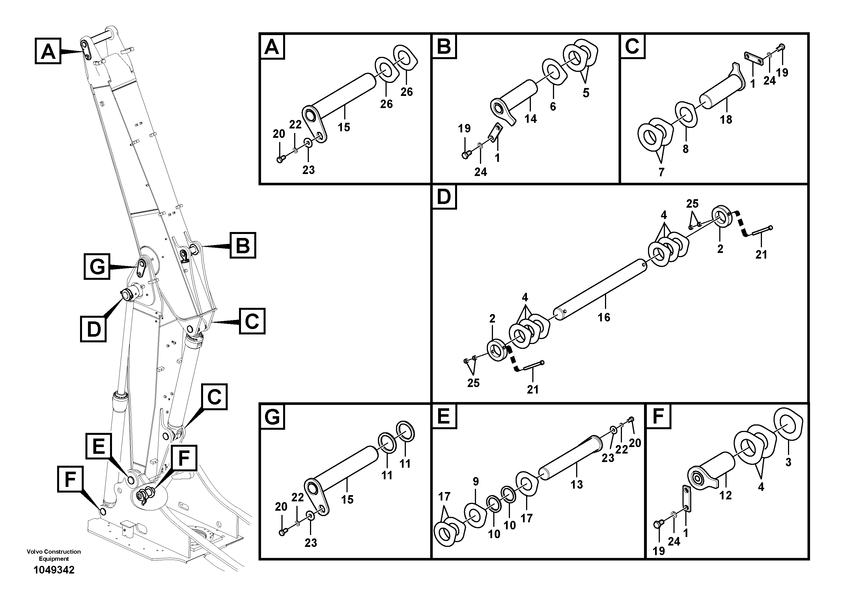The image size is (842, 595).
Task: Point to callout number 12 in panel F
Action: pyautogui.click(x=725, y=495)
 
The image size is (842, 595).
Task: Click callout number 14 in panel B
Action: pyautogui.click(x=530, y=119)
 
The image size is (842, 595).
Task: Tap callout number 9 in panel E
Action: pyautogui.click(x=476, y=481)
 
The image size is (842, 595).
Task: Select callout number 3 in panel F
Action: pyautogui.click(x=788, y=462)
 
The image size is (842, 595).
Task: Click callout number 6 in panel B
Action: pyautogui.click(x=553, y=106)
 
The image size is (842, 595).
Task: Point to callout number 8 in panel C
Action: pyautogui.click(x=685, y=149)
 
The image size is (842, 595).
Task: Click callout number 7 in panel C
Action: pyautogui.click(x=661, y=172)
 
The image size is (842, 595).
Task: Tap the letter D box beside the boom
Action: pyautogui.click(x=94, y=329)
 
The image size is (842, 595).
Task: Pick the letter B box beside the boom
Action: pyautogui.click(x=243, y=245)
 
